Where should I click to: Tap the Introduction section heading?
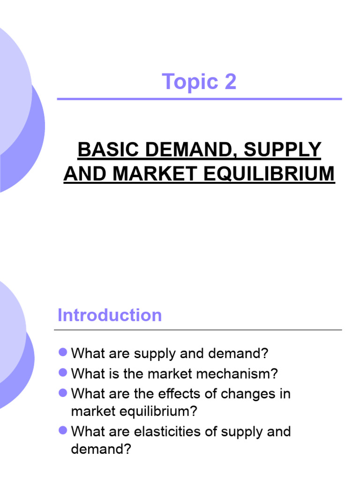tap(110, 315)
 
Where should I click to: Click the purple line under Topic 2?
tap(200, 99)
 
